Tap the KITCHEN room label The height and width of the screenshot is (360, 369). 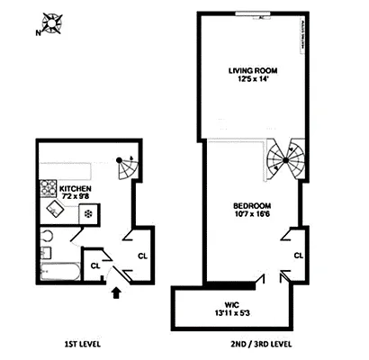(x=74, y=189)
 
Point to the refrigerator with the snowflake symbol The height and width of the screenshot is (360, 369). (x=87, y=214)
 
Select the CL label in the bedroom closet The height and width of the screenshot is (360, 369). (x=298, y=256)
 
